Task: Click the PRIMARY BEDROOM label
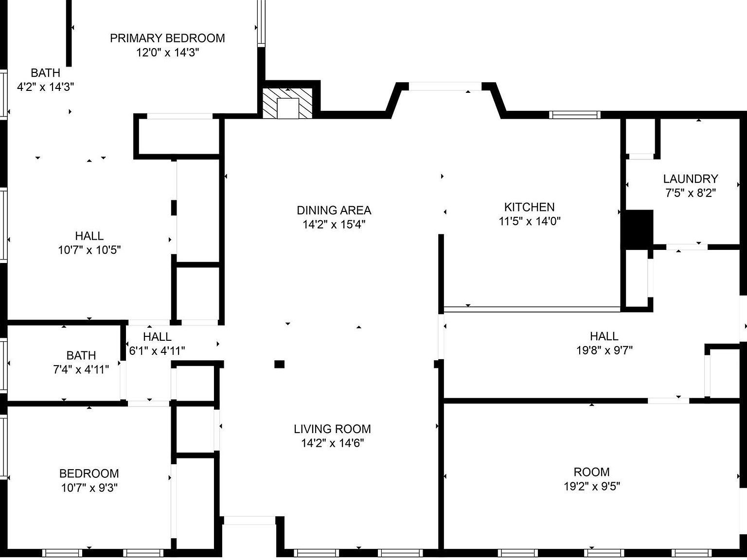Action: [x=167, y=38]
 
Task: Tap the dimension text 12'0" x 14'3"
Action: [x=167, y=52]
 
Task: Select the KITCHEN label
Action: [x=529, y=207]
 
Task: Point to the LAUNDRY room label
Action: [x=690, y=179]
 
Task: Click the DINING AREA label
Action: [x=334, y=210]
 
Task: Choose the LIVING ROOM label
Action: [x=332, y=429]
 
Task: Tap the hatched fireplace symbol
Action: [x=287, y=103]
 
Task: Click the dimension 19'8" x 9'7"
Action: [x=604, y=350]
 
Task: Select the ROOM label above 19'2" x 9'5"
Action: [x=591, y=472]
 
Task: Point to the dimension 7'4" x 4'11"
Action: [x=81, y=369]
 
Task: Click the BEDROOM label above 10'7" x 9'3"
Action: [x=89, y=473]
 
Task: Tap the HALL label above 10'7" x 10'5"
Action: [x=89, y=236]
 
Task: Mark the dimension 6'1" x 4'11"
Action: [x=157, y=350]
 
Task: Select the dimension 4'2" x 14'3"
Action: [x=45, y=87]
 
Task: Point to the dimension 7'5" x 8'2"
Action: [x=690, y=193]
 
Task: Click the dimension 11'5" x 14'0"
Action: [x=529, y=221]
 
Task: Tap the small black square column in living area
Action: [x=279, y=364]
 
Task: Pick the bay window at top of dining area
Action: [x=445, y=87]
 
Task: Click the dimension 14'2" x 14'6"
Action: [x=332, y=443]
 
